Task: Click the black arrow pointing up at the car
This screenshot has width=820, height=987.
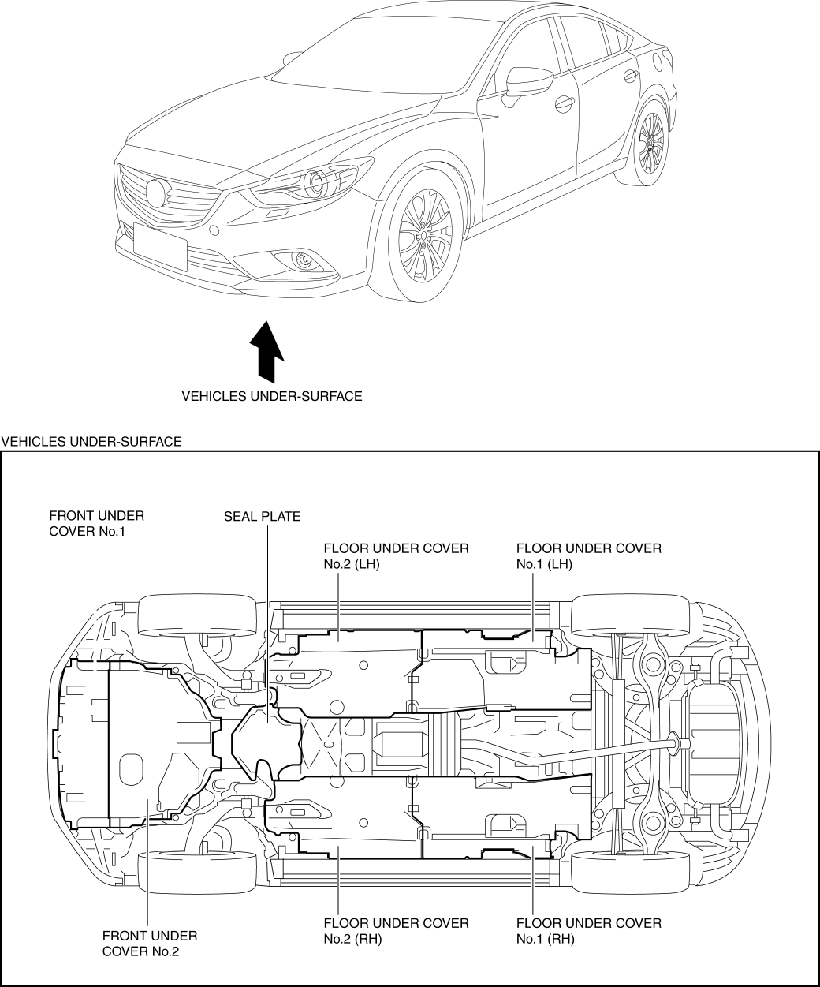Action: pyautogui.click(x=266, y=351)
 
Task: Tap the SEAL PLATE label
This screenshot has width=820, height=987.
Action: pyautogui.click(x=262, y=517)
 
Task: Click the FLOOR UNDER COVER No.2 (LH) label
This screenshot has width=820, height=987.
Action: pyautogui.click(x=396, y=555)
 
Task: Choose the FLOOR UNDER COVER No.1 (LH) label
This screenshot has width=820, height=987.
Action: pyautogui.click(x=588, y=555)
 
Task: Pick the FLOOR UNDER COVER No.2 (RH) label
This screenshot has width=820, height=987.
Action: pyautogui.click(x=396, y=930)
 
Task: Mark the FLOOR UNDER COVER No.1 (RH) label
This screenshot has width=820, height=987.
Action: pyautogui.click(x=588, y=930)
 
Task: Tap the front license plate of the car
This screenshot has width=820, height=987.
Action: pyautogui.click(x=160, y=247)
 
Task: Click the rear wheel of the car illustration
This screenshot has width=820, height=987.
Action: pyautogui.click(x=651, y=144)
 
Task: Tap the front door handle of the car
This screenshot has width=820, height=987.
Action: pyautogui.click(x=563, y=103)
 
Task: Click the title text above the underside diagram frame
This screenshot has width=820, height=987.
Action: pyautogui.click(x=92, y=442)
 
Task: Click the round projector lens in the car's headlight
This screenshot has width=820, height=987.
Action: pyautogui.click(x=318, y=182)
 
